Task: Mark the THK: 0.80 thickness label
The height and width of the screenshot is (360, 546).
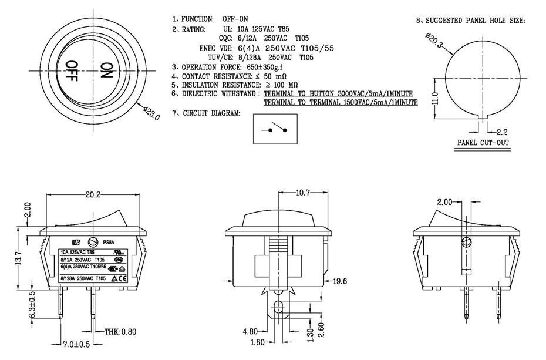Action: click(x=120, y=332)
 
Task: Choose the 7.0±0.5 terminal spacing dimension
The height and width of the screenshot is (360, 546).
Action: click(x=76, y=344)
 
